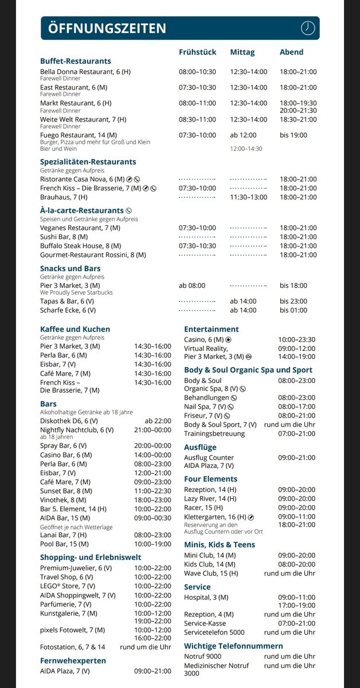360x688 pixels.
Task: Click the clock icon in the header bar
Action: click(308, 28)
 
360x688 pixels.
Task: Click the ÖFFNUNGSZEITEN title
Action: click(107, 28)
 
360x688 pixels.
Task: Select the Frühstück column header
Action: click(197, 52)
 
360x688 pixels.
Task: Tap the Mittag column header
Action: click(242, 52)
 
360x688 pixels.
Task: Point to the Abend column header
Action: click(291, 52)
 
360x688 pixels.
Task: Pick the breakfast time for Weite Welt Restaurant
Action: click(197, 119)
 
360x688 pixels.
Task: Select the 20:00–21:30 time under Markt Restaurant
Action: click(298, 111)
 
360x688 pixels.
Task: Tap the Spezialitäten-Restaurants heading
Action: click(88, 162)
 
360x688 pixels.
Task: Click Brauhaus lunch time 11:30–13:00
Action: click(248, 197)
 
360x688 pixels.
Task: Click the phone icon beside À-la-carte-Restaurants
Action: click(128, 210)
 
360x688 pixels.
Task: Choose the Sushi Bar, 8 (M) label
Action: click(64, 237)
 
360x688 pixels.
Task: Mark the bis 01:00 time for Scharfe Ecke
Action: click(294, 310)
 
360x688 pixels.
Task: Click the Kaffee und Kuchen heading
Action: click(75, 329)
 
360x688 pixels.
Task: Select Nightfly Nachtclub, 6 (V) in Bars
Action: click(77, 429)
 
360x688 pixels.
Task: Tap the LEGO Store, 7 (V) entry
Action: click(68, 586)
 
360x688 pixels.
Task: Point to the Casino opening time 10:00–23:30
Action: click(296, 339)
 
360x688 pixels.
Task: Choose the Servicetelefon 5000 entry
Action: click(214, 632)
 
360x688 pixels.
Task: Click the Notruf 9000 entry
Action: click(202, 656)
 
